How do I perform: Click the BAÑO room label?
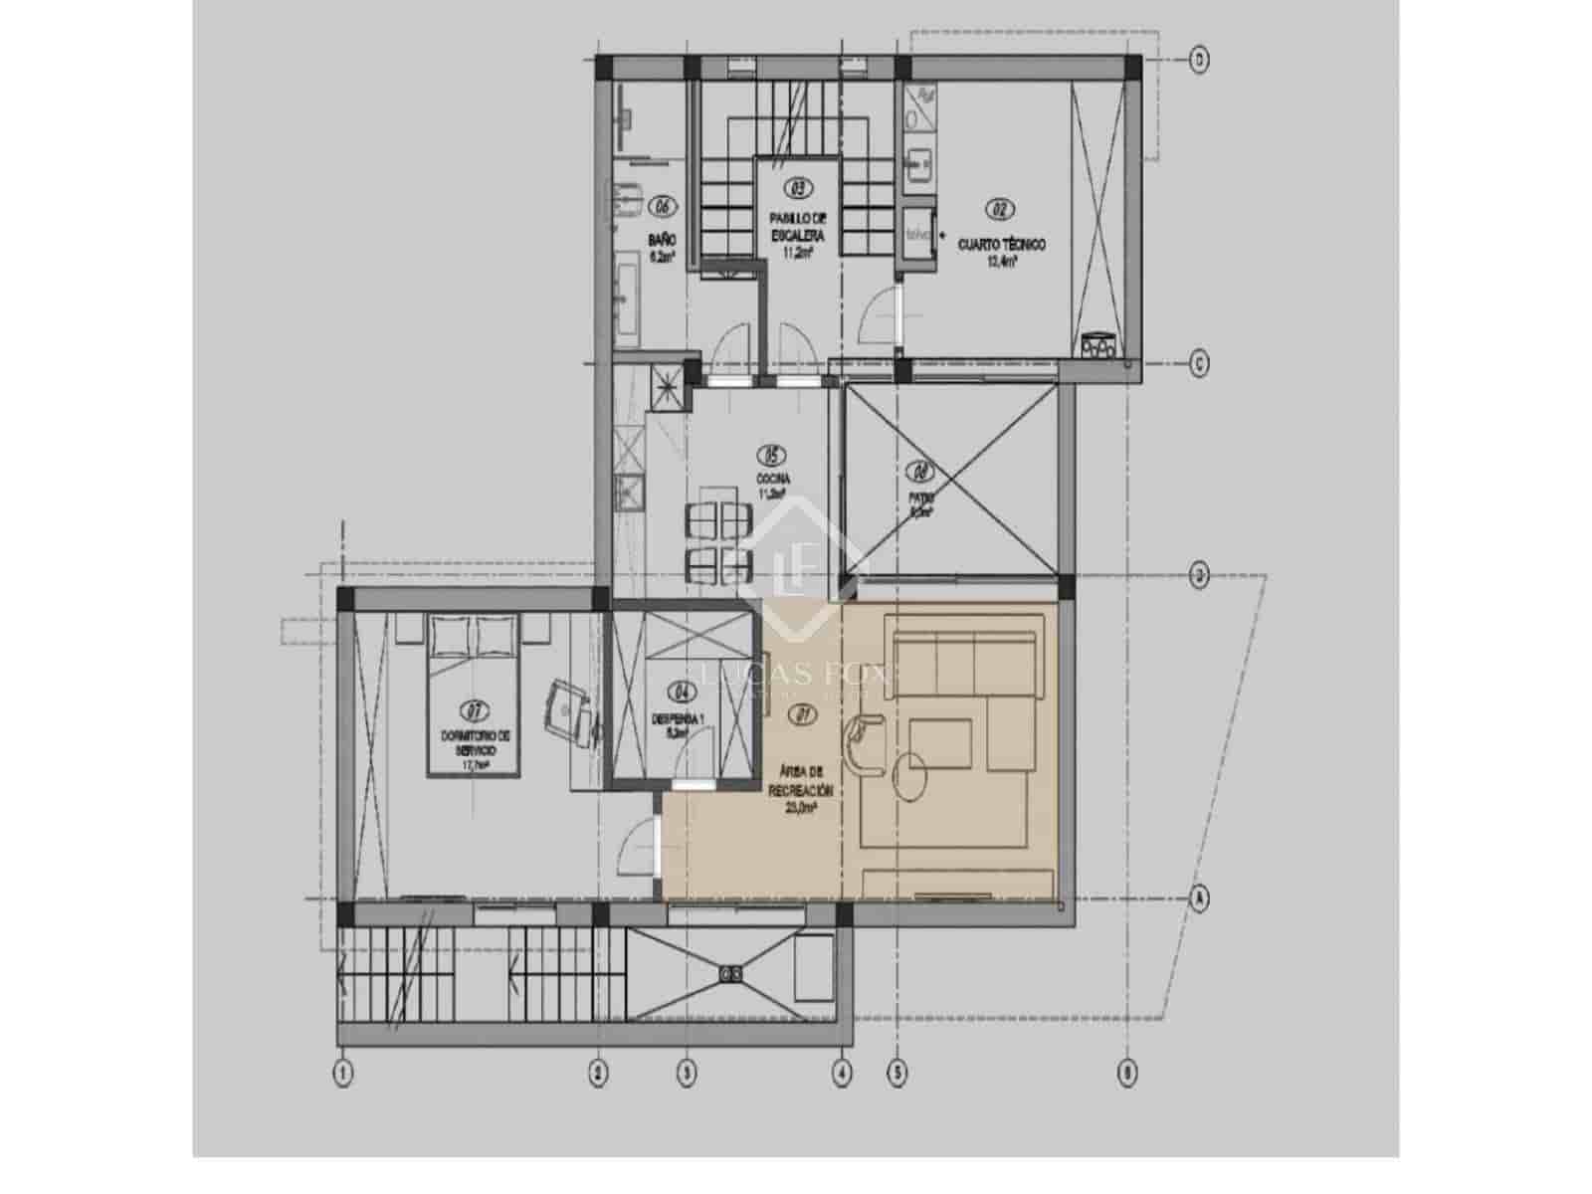click(662, 240)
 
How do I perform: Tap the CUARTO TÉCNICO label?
click(1001, 244)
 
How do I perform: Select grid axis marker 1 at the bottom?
click(343, 1074)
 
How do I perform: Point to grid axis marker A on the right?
click(1200, 898)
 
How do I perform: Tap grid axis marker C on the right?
click(1200, 363)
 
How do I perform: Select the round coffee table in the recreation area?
click(910, 777)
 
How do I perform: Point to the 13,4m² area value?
click(1001, 263)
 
